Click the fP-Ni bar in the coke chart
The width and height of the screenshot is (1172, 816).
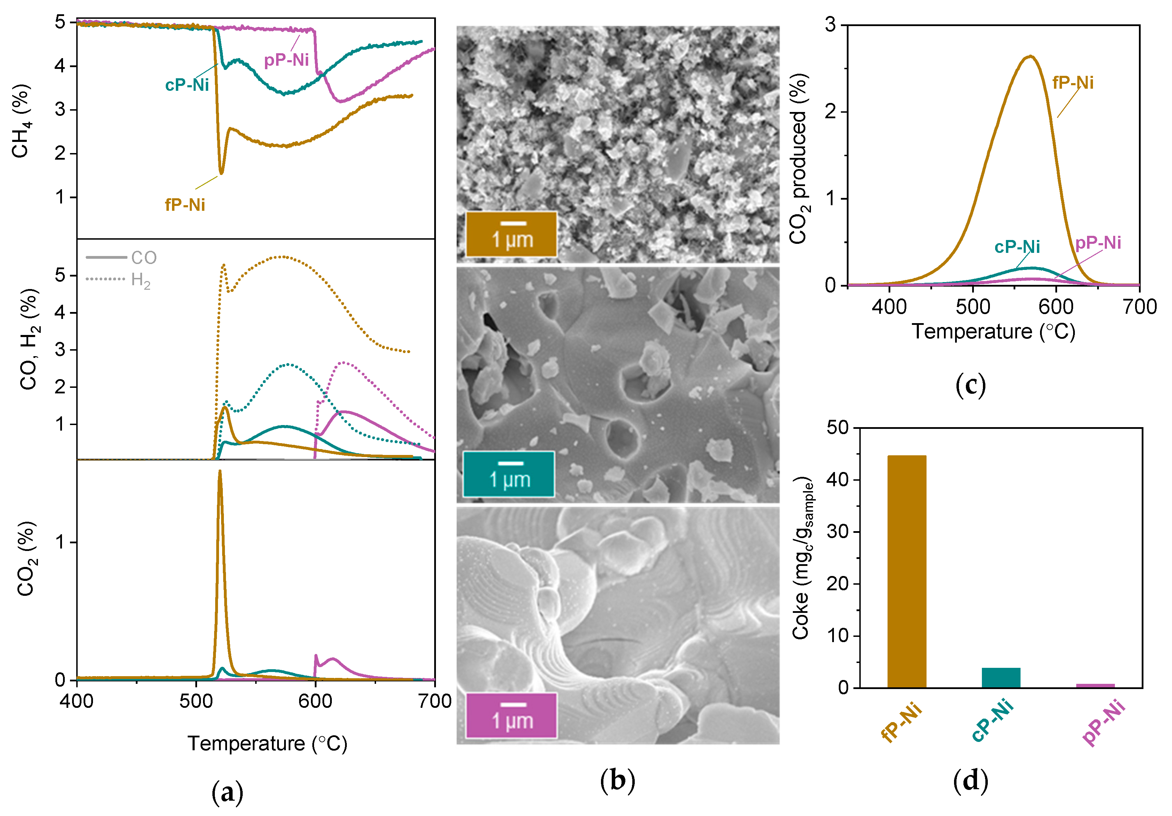(907, 571)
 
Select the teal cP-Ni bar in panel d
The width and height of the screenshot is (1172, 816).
(1001, 677)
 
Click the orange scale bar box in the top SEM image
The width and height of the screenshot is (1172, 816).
(511, 234)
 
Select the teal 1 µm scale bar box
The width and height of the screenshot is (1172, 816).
(508, 474)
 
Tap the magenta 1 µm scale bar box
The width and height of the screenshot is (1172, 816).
(511, 715)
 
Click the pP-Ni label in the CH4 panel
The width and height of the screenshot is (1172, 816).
(286, 60)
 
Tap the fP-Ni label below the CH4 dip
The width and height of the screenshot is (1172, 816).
(185, 205)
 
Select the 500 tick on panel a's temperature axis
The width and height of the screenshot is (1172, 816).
(196, 701)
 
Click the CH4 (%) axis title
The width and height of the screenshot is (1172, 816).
(22, 121)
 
